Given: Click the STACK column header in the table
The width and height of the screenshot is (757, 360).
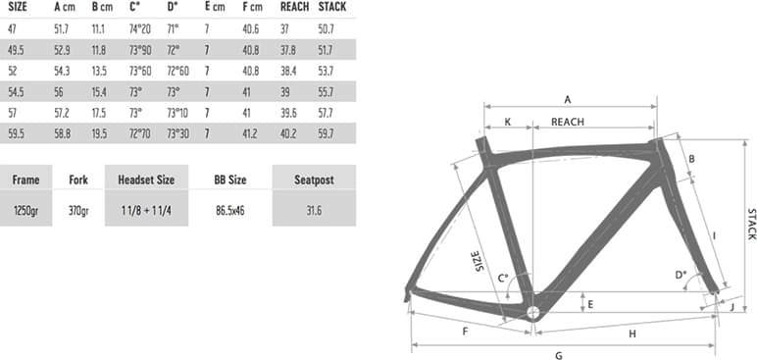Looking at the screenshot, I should click(333, 7).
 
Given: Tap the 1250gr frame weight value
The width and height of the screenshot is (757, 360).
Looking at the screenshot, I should click(26, 210).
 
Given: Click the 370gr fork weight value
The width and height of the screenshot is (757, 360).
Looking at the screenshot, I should click(78, 210).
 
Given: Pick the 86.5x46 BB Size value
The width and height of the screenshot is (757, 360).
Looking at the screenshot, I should click(230, 210).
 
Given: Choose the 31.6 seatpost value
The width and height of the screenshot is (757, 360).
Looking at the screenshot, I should click(313, 210).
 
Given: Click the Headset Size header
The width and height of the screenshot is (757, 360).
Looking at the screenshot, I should click(146, 180).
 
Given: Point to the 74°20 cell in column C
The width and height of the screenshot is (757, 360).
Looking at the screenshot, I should click(141, 28).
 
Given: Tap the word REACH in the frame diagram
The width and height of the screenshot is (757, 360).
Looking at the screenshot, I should click(569, 122).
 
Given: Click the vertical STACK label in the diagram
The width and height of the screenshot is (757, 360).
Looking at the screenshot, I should click(750, 224).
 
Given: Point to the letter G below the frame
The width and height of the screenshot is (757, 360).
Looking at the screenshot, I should click(559, 354).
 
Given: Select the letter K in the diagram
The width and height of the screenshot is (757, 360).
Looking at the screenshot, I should click(507, 122).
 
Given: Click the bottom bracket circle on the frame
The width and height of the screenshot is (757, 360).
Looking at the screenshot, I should click(532, 313).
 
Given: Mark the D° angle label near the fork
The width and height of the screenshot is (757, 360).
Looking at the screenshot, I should click(681, 276).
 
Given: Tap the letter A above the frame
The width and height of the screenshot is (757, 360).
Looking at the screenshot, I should click(566, 99).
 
